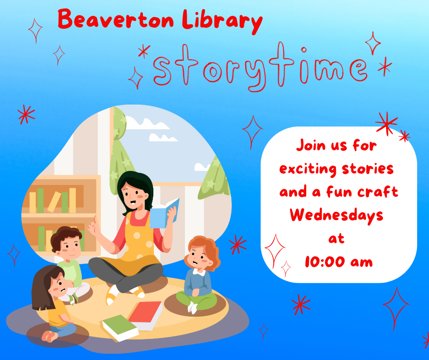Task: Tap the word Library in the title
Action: click(x=222, y=21)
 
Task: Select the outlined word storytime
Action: click(x=260, y=68)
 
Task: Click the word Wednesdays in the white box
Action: click(x=336, y=216)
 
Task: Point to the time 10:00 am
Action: click(x=339, y=262)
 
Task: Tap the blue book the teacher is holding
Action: click(x=164, y=214)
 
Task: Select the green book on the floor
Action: click(x=120, y=328)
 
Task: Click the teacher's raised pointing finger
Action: click(x=95, y=220)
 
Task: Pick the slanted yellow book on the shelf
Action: click(x=54, y=202)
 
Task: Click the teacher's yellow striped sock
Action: click(x=112, y=295)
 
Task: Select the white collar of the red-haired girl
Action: click(x=199, y=272)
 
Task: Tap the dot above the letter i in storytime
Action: click(x=303, y=50)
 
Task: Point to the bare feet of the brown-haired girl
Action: click(x=49, y=336)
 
